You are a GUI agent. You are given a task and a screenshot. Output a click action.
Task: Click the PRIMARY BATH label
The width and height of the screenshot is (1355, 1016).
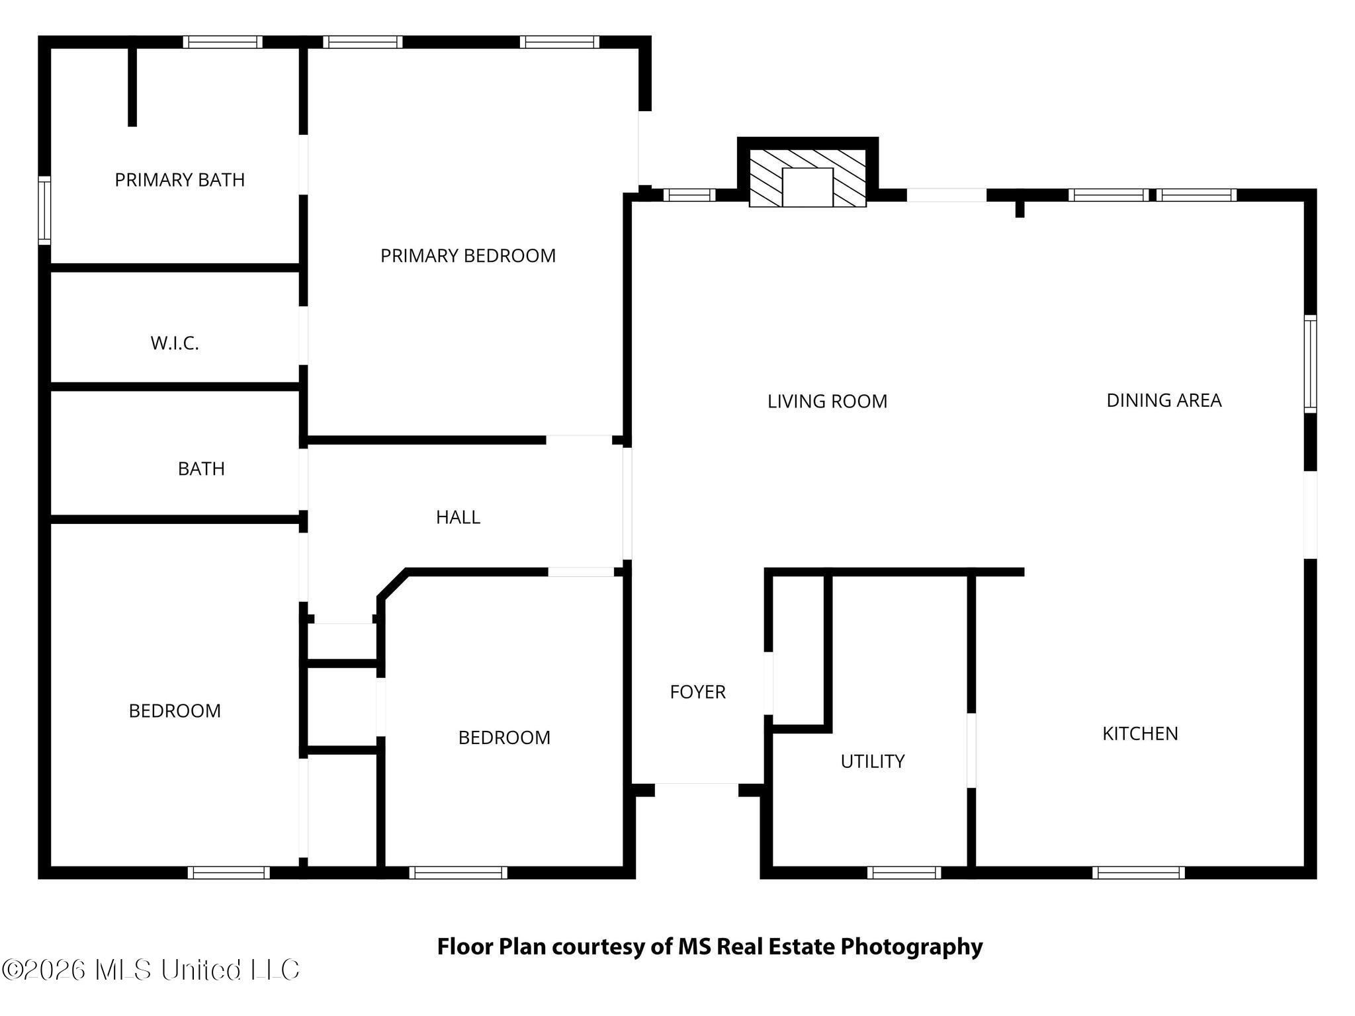tap(179, 180)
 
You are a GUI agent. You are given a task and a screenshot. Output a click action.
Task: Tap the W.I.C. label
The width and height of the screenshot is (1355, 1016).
tap(175, 343)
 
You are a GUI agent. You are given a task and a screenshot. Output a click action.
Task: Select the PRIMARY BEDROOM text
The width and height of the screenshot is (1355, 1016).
tap(468, 256)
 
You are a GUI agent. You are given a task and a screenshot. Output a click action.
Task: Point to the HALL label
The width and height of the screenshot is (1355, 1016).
tap(458, 517)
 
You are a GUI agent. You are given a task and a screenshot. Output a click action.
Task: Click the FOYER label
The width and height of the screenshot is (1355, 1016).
tap(697, 692)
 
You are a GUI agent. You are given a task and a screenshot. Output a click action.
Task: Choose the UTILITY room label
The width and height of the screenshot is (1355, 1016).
tap(872, 761)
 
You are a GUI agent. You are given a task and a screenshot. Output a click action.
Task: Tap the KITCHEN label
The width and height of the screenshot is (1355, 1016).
tap(1140, 734)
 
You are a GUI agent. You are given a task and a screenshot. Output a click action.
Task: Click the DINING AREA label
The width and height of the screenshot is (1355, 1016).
tap(1164, 400)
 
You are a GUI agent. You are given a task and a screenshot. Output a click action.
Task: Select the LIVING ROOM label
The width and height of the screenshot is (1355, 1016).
tap(827, 402)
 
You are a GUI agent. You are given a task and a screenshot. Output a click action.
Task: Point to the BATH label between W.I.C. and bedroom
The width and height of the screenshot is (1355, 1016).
tap(201, 469)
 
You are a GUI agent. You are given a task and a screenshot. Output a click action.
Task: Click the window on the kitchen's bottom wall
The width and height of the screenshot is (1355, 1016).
tap(1138, 872)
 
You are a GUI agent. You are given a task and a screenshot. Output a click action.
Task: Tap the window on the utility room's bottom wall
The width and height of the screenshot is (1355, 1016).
tap(904, 872)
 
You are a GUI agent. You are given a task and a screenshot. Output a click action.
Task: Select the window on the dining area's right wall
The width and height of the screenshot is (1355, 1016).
tap(1310, 364)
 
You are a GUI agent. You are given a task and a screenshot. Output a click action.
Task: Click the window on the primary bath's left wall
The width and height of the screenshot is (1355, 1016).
tap(44, 210)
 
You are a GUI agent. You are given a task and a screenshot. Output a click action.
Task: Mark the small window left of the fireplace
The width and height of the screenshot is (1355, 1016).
tap(689, 195)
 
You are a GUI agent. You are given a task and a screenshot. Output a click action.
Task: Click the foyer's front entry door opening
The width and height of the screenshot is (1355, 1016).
tap(696, 788)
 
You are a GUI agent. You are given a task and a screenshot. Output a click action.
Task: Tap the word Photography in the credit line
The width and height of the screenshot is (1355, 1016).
tap(911, 947)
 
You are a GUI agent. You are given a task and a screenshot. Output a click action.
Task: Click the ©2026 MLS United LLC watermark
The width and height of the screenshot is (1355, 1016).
tap(151, 970)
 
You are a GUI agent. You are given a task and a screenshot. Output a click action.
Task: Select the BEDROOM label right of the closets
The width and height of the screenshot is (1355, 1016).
tap(504, 738)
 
